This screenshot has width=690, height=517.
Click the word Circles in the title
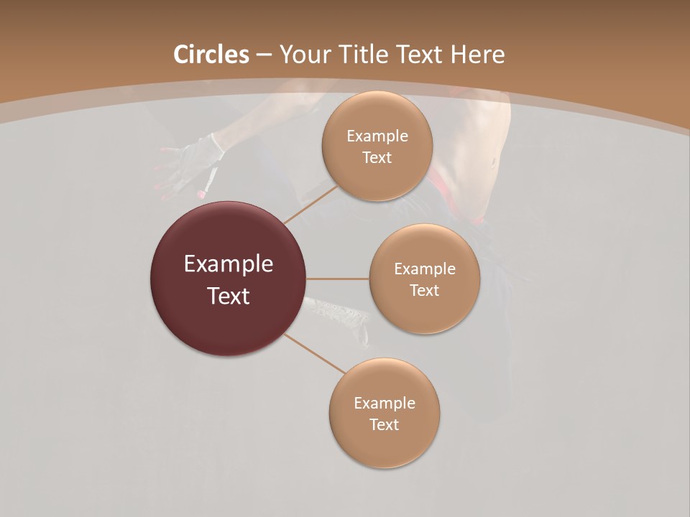[x=211, y=55]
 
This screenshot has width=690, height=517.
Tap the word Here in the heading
[x=477, y=55]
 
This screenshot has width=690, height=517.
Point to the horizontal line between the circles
[x=338, y=279]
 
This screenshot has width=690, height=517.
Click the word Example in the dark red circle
[x=229, y=264]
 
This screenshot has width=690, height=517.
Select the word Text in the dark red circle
[x=229, y=296]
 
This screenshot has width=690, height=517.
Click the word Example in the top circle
[x=377, y=136]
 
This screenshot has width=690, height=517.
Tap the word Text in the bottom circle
[x=384, y=424]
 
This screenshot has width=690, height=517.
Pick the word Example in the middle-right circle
[x=425, y=269]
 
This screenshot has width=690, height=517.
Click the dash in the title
[x=264, y=55]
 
